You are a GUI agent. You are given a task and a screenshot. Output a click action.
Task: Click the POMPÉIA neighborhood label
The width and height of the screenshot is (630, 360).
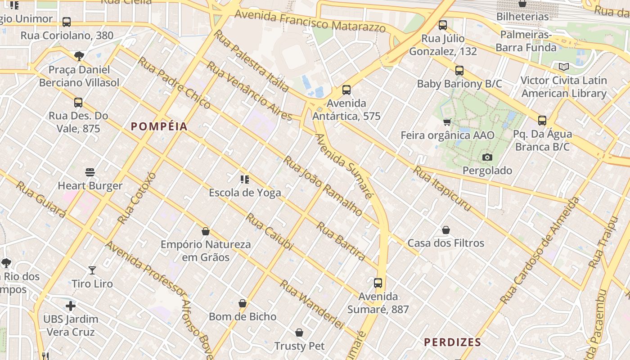tap(159, 126)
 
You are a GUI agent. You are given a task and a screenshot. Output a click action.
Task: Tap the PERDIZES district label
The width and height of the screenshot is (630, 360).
tap(453, 342)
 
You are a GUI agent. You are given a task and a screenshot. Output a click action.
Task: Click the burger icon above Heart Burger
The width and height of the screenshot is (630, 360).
tap(90, 172)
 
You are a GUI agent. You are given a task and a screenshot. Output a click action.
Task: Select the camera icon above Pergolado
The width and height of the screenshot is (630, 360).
tap(487, 157)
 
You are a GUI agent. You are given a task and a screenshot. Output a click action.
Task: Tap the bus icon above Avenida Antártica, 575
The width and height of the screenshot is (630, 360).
tap(346, 90)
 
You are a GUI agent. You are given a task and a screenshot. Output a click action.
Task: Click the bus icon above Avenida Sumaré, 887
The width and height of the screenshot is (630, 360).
tap(378, 283)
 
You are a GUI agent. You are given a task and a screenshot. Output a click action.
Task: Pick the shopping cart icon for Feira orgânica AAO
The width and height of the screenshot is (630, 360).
tap(447, 122)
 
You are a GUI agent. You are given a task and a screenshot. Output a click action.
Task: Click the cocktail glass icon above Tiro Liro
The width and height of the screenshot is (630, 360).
tap(92, 270)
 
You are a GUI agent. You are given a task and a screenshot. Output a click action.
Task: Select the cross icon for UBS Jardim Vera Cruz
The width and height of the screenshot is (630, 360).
tap(71, 306)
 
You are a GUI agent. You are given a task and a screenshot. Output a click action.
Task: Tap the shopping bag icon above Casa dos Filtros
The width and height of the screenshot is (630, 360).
tap(446, 230)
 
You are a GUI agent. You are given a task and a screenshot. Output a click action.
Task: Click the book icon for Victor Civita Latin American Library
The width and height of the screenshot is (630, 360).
tap(563, 67)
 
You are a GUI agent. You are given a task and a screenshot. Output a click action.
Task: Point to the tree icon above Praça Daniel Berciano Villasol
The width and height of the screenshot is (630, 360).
tap(79, 56)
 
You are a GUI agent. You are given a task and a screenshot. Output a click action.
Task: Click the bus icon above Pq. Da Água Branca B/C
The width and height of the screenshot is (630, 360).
tap(542, 121)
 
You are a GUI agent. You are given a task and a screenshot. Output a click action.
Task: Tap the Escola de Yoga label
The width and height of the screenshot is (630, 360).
tap(245, 193)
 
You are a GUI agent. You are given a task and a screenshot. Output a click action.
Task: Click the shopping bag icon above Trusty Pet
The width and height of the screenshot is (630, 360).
tap(299, 333)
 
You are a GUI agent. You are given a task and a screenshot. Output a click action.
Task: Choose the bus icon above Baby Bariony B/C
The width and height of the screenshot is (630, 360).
tap(459, 71)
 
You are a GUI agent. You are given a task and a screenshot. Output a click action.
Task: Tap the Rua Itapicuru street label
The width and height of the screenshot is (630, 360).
tap(442, 189)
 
